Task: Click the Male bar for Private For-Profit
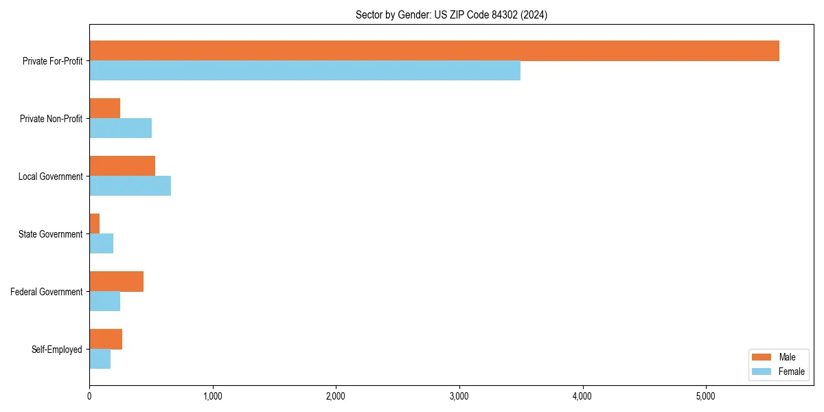(x=434, y=51)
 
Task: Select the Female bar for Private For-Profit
(x=305, y=70)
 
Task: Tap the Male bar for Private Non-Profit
(x=104, y=108)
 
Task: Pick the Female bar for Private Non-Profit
(x=120, y=128)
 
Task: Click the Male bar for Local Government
(x=122, y=166)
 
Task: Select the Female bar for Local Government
(x=130, y=185)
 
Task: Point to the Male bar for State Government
(x=94, y=224)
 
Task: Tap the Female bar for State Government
(x=101, y=243)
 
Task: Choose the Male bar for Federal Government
(x=116, y=282)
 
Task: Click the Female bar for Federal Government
(x=104, y=301)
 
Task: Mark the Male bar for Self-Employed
(x=106, y=339)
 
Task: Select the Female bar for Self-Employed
(x=100, y=358)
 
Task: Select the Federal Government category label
(x=47, y=292)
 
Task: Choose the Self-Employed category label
(x=57, y=350)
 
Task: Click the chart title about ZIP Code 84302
(x=451, y=14)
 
